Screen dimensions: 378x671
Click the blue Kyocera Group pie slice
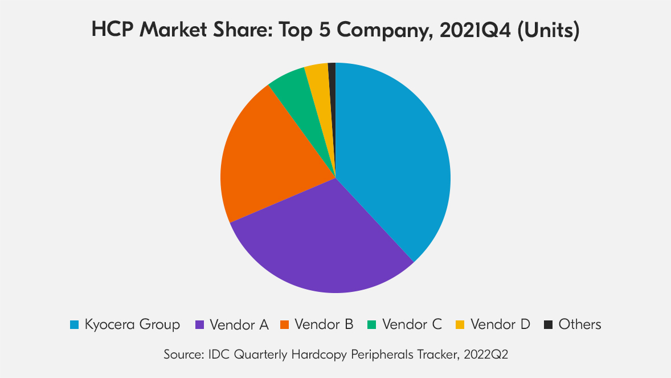pyautogui.click(x=393, y=160)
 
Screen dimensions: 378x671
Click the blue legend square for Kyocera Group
pyautogui.click(x=74, y=325)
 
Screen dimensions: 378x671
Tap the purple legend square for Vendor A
pyautogui.click(x=199, y=325)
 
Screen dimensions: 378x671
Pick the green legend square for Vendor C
pyautogui.click(x=371, y=325)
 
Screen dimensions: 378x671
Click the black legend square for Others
pyautogui.click(x=548, y=325)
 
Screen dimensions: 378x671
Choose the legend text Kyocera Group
pyautogui.click(x=132, y=325)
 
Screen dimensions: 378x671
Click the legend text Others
pyautogui.click(x=580, y=325)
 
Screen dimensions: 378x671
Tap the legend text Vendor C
pyautogui.click(x=412, y=325)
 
